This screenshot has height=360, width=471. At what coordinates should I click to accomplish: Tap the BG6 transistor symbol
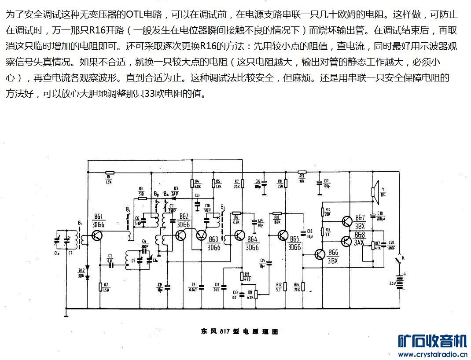[320, 254]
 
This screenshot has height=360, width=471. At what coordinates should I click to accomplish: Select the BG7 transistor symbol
[347, 220]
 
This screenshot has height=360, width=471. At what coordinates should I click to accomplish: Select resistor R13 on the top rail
[302, 172]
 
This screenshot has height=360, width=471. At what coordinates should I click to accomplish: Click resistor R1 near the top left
[109, 173]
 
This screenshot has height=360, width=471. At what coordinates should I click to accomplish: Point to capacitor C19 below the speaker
[374, 215]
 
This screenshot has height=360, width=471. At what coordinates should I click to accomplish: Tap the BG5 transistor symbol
[282, 236]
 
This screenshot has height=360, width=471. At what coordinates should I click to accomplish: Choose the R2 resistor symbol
[100, 288]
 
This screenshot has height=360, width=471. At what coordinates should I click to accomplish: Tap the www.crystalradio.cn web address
[431, 353]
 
